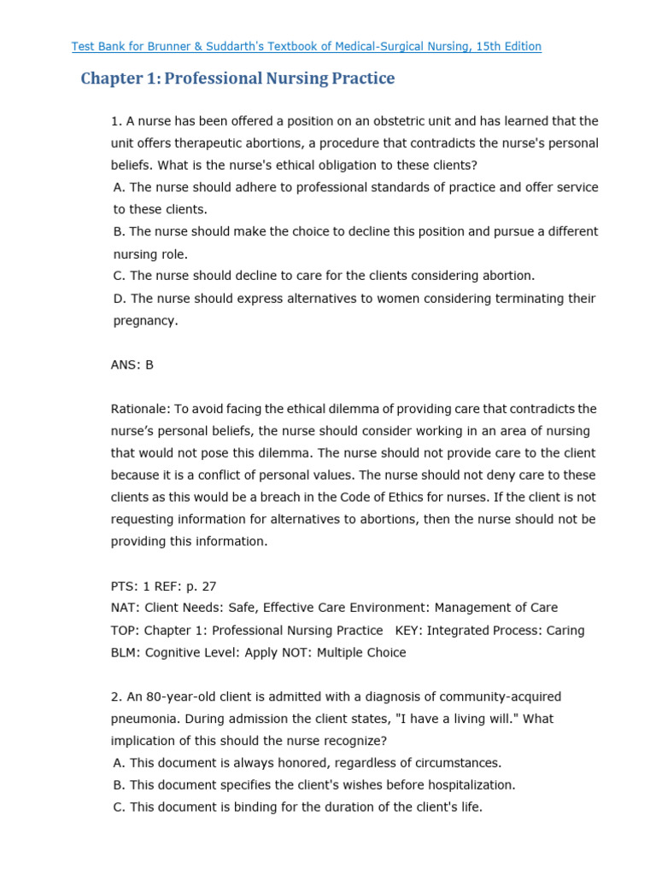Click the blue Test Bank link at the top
[306, 46]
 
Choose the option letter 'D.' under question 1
[120, 299]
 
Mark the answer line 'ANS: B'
[132, 364]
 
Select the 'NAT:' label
[125, 608]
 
